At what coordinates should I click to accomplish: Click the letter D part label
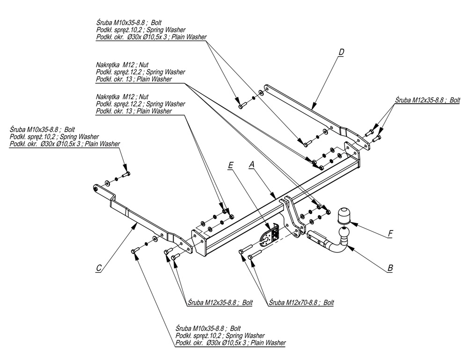341,51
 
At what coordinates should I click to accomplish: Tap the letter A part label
252,164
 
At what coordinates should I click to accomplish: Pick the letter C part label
98,268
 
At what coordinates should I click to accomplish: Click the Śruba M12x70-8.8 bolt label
301,302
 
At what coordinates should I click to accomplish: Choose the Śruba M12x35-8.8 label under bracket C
219,302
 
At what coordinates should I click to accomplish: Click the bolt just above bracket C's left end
125,174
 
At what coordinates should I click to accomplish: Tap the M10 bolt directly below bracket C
134,252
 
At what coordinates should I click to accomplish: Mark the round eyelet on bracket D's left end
267,87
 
